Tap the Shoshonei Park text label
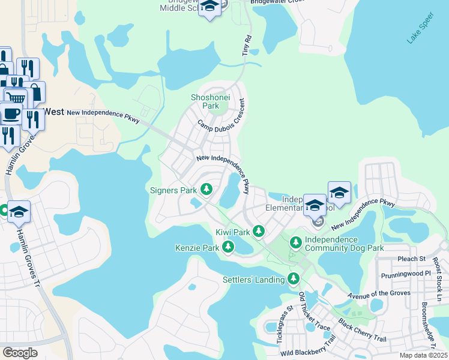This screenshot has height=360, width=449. (x=205, y=101)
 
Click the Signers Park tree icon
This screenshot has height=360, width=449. (x=206, y=190)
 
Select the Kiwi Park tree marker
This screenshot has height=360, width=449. (x=259, y=231)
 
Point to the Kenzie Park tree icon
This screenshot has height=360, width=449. (x=228, y=247)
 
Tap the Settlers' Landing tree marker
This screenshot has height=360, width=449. (x=294, y=278)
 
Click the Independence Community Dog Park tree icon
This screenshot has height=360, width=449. (x=295, y=242)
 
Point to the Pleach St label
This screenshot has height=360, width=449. (x=411, y=259)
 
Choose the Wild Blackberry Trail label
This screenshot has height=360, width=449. (x=307, y=347)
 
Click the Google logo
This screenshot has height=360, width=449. (x=20, y=353)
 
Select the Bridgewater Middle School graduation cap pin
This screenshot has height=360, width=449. (x=209, y=8)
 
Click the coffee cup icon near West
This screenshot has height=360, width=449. (x=11, y=113)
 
